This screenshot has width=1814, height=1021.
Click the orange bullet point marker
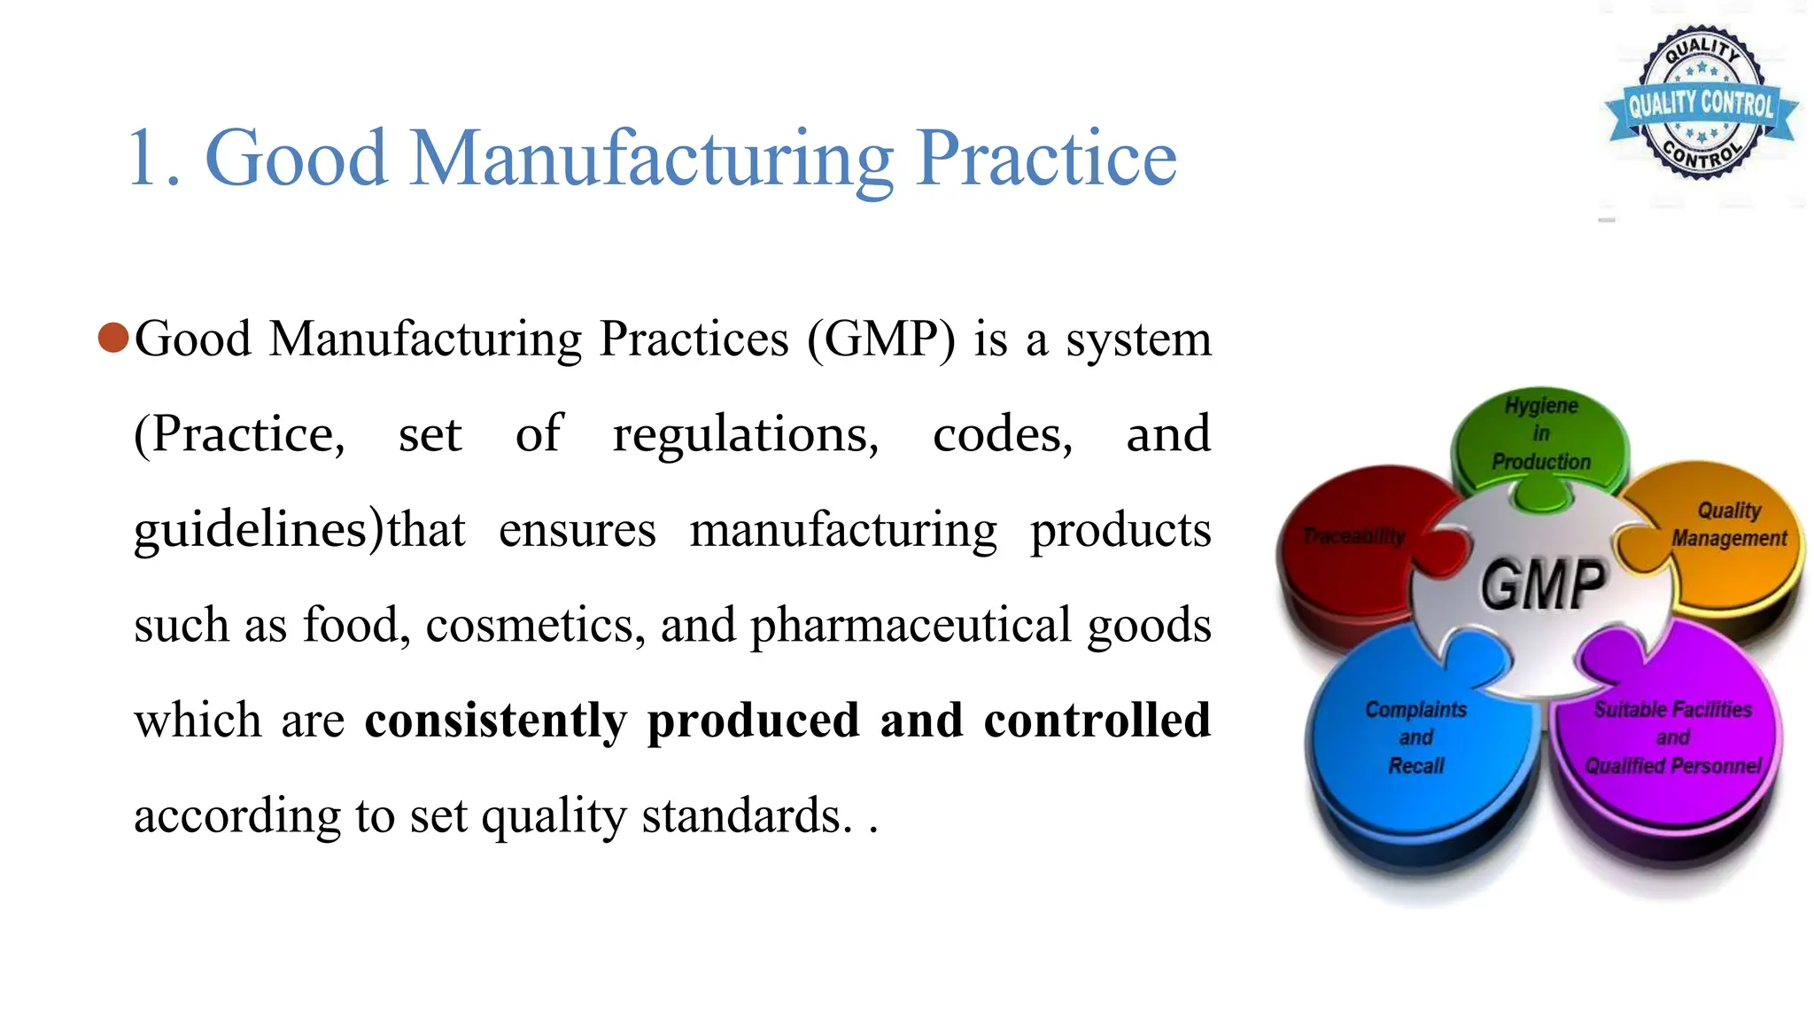click(113, 338)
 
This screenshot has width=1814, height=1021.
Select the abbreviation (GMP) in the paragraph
click(881, 339)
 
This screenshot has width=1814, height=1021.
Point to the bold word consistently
click(495, 720)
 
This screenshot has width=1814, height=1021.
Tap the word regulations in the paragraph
click(745, 435)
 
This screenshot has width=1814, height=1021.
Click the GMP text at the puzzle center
click(1543, 585)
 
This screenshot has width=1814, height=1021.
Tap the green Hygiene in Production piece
click(1541, 434)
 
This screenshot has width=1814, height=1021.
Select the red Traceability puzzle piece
click(1353, 537)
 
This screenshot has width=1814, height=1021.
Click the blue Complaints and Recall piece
click(1415, 737)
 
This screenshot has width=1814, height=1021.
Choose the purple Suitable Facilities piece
click(1672, 737)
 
